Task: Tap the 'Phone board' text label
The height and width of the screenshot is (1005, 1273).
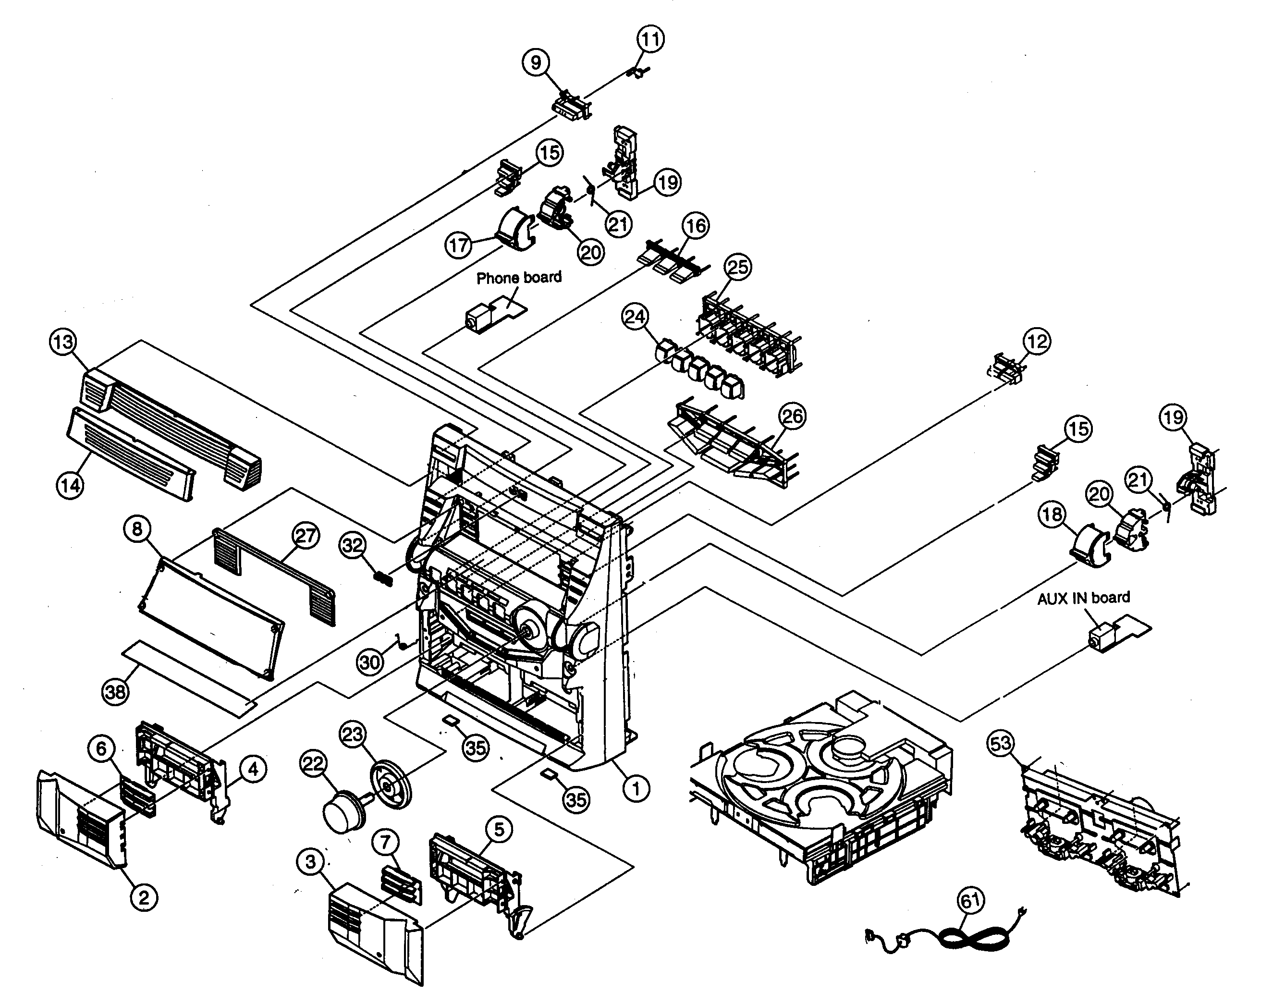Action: pyautogui.click(x=518, y=277)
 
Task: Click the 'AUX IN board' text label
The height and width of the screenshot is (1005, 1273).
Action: pyautogui.click(x=1083, y=597)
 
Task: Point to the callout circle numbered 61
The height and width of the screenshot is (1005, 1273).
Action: pyautogui.click(x=971, y=901)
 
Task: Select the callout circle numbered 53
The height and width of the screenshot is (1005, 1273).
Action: pyautogui.click(x=1000, y=743)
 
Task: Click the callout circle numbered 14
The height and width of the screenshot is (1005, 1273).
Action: pyautogui.click(x=70, y=485)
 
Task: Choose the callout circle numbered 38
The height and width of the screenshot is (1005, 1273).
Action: pyautogui.click(x=115, y=691)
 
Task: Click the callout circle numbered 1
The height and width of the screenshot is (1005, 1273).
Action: pyautogui.click(x=636, y=787)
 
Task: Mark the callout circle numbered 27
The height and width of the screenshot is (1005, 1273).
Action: pyautogui.click(x=306, y=536)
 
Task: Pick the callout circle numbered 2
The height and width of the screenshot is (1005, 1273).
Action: pyautogui.click(x=144, y=897)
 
